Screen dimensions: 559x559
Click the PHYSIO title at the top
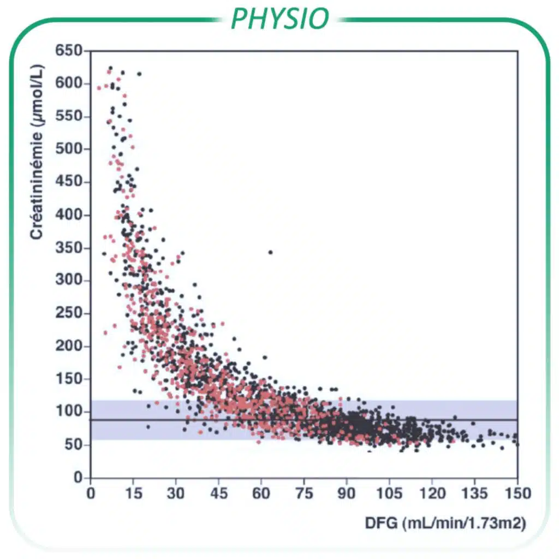coord(279,19)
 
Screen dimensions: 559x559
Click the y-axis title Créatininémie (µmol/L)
coord(37,152)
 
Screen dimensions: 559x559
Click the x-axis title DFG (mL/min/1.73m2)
coord(445,524)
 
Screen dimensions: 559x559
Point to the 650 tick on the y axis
coord(70,51)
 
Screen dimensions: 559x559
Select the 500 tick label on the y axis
coord(70,149)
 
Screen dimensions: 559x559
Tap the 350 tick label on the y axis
coord(70,248)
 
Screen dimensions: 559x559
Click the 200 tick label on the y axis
coord(70,347)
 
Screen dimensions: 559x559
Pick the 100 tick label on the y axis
coord(70,412)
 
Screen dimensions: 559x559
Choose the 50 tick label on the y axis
coord(74,445)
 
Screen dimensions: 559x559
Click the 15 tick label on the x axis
coord(133,493)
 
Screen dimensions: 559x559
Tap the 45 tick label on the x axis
coord(218,493)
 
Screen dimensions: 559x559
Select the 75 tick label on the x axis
coord(304,493)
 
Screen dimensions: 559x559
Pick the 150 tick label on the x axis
coord(517,493)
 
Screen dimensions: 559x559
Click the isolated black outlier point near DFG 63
coord(270,252)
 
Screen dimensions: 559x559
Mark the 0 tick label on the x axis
coord(91,493)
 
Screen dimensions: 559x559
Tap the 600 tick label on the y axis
coord(70,84)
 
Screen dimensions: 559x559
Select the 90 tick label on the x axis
coord(346,493)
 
